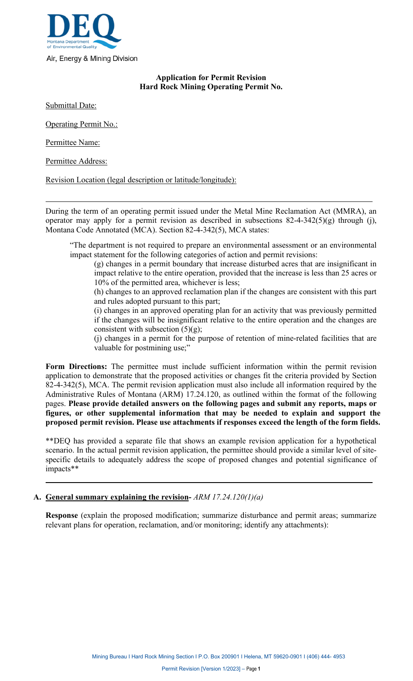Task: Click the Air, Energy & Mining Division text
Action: (92, 59)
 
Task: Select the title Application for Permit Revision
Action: (211, 77)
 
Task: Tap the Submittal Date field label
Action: (71, 106)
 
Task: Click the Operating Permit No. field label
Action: (81, 124)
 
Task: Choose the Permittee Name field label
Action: (73, 143)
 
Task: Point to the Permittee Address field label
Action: (76, 161)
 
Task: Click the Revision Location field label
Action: (141, 180)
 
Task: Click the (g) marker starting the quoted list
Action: (99, 264)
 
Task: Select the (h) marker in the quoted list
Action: (99, 292)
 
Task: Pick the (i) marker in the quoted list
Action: (98, 311)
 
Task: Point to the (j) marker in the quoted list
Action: (98, 339)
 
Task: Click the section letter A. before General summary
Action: (37, 497)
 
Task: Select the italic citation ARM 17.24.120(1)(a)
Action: (228, 497)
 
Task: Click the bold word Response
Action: (62, 516)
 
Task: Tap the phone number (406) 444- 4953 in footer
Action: (326, 657)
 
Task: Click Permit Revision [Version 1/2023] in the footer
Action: (201, 669)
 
